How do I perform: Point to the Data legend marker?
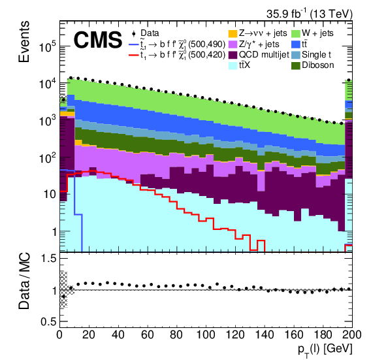pos(134,33)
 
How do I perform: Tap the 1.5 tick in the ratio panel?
pos(46,259)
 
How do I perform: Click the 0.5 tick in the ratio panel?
pos(46,321)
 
